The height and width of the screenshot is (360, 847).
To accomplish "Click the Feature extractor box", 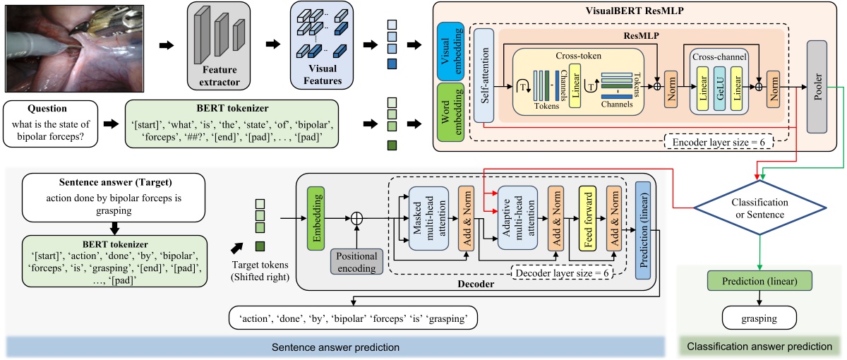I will tap(219, 46).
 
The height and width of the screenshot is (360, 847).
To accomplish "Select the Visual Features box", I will tap(322, 46).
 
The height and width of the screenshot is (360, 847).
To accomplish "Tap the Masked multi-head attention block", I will tap(431, 222).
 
